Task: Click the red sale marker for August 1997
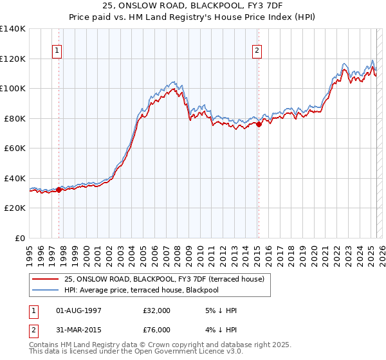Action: point(59,190)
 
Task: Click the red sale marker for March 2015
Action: point(259,125)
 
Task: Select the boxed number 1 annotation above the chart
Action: point(57,51)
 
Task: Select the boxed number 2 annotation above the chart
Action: point(257,51)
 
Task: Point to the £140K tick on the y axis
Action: point(14,29)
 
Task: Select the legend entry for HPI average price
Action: point(142,290)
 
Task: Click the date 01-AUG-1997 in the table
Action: point(79,310)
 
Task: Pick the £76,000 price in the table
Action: point(156,330)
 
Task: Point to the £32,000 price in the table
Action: point(156,310)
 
